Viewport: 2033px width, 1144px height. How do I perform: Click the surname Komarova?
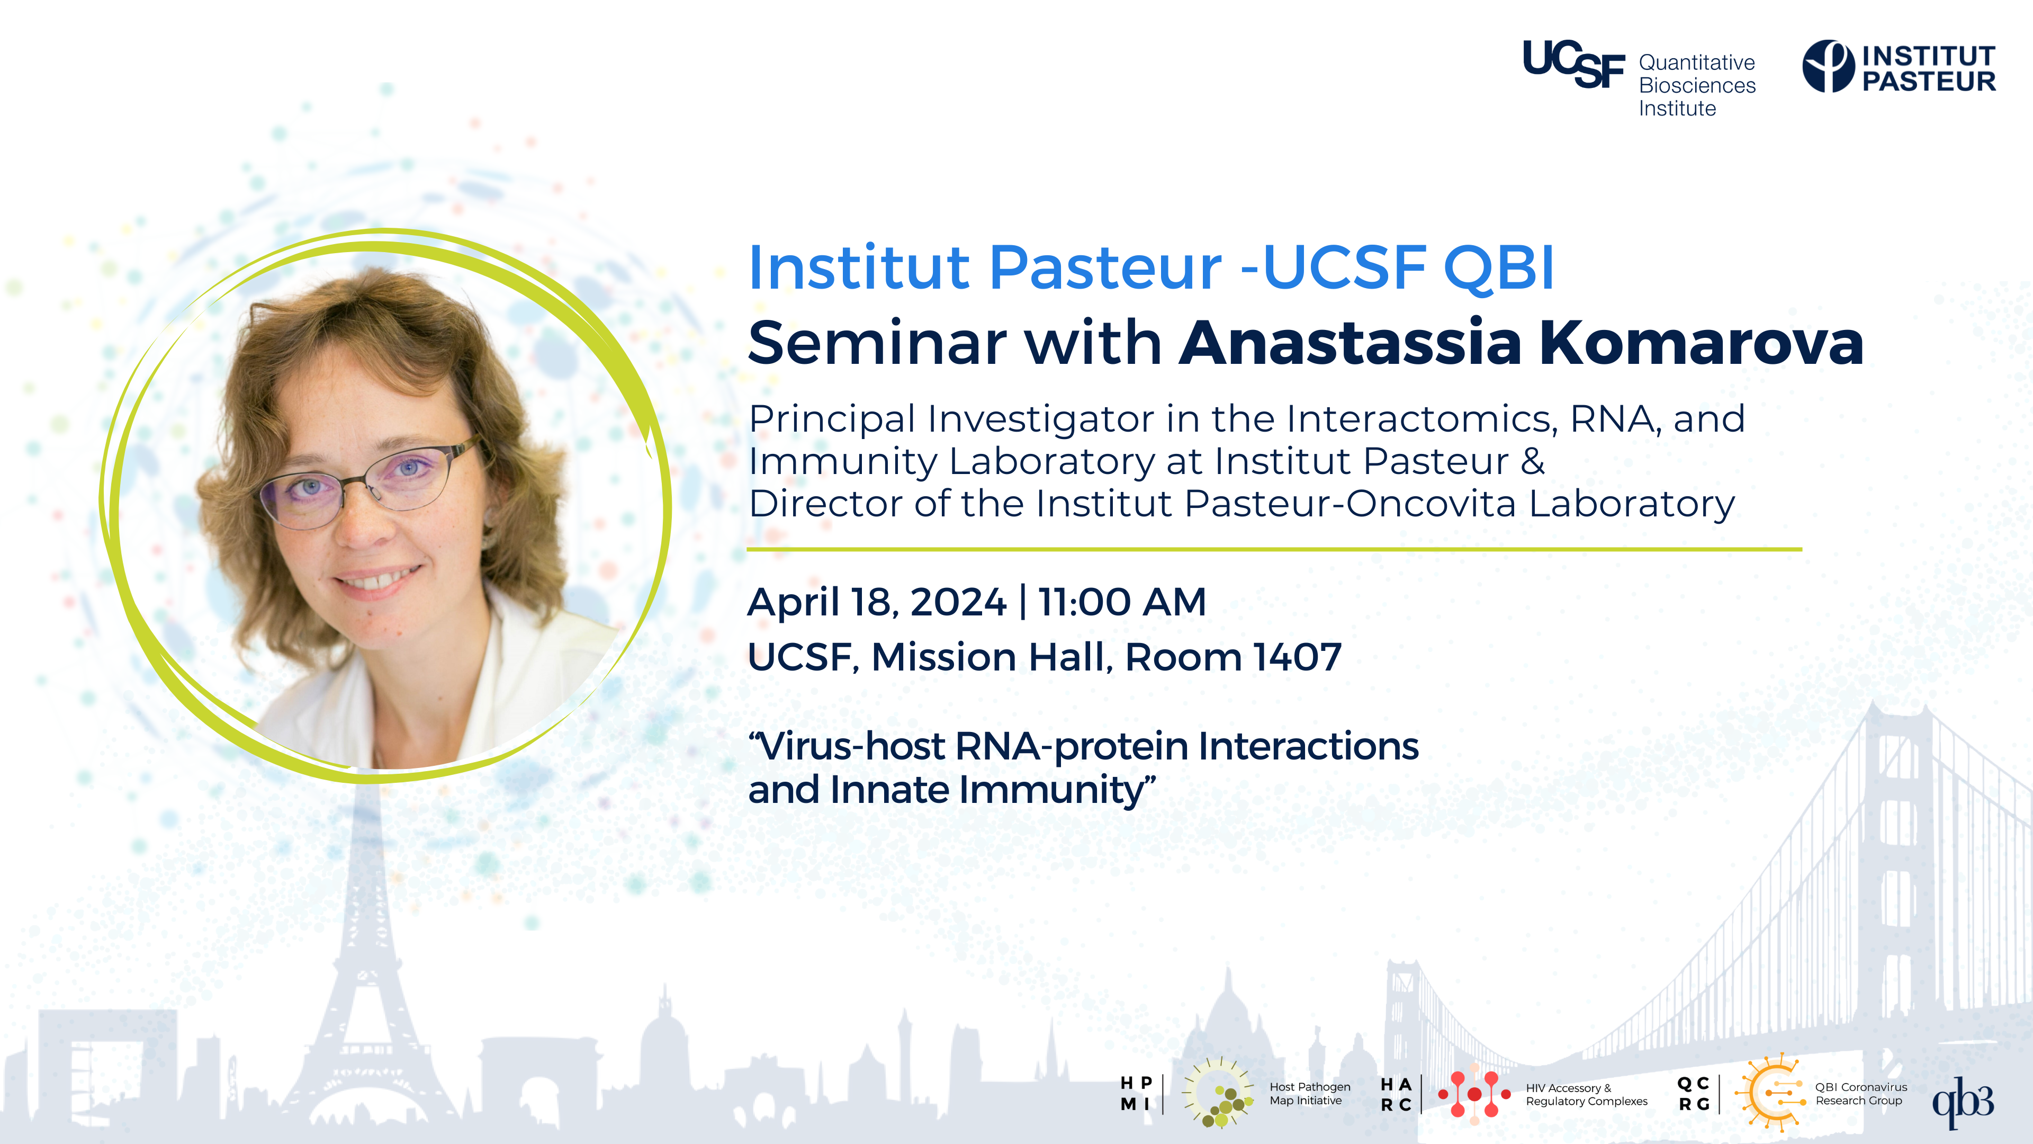[1702, 343]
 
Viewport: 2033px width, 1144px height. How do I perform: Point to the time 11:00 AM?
[1121, 602]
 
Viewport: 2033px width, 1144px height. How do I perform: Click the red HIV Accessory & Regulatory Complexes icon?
[1473, 1094]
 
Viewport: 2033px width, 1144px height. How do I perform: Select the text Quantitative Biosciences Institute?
[1697, 85]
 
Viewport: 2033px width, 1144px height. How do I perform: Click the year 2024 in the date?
[958, 602]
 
